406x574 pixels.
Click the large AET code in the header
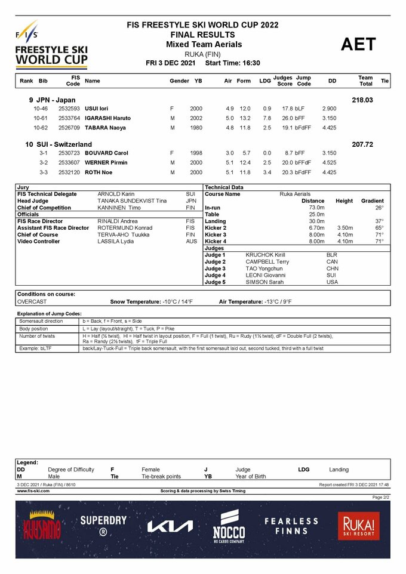click(358, 45)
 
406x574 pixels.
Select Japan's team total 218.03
click(362, 100)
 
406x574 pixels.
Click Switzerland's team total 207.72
click(362, 144)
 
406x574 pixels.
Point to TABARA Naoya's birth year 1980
click(196, 127)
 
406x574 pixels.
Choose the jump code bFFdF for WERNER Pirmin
click(303, 162)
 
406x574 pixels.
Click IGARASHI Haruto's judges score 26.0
click(287, 118)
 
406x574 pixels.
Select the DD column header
click(332, 81)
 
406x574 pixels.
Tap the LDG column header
click(264, 81)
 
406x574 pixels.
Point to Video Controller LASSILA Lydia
click(115, 241)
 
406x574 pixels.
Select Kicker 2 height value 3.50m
click(346, 228)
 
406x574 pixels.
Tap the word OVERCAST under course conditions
click(32, 302)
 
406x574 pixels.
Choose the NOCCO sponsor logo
click(229, 526)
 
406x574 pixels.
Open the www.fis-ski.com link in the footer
click(33, 491)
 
